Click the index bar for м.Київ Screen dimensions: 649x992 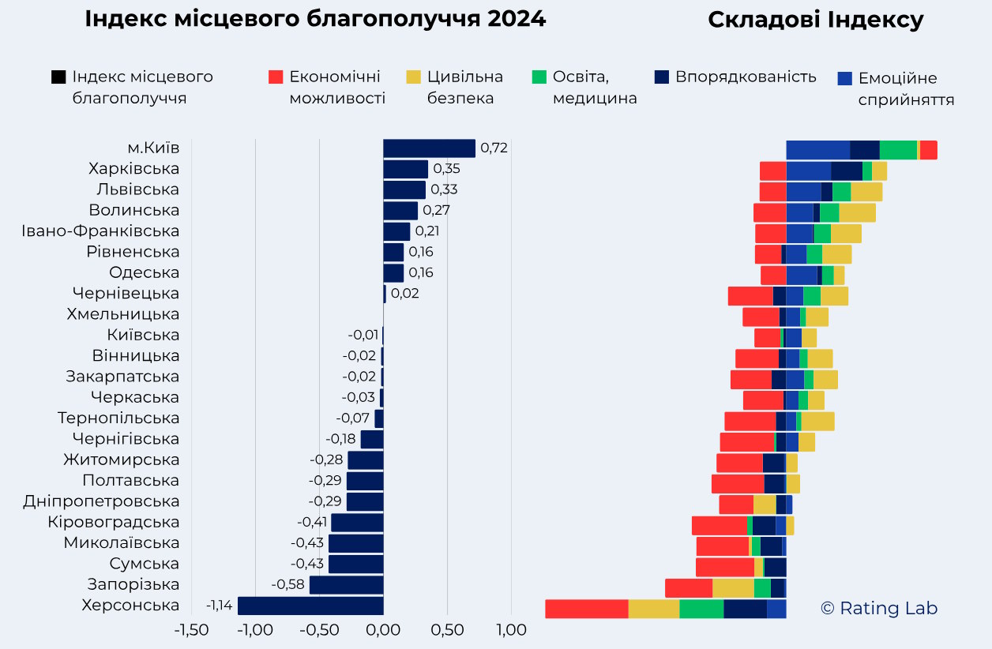(x=429, y=148)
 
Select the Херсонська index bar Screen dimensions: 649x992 (x=310, y=606)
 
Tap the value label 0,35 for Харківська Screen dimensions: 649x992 (x=446, y=169)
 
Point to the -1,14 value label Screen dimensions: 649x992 (x=220, y=606)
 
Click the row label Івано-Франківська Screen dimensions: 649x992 (x=100, y=231)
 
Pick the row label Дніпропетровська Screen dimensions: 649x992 (x=101, y=501)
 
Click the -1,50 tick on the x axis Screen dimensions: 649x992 (x=191, y=630)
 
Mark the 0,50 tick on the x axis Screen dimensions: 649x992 (x=447, y=630)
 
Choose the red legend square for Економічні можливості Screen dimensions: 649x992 (x=276, y=77)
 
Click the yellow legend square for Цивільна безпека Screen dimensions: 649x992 (x=413, y=77)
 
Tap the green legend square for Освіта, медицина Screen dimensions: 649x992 (x=539, y=77)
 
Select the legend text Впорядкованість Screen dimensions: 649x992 (x=746, y=77)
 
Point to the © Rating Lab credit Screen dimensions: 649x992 (x=879, y=608)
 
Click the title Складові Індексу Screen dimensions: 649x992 (x=815, y=21)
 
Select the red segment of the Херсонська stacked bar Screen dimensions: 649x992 (x=586, y=609)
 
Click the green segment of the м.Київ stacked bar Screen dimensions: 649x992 (x=898, y=150)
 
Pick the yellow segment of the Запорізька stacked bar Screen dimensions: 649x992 (x=733, y=588)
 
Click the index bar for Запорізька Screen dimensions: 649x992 (x=346, y=585)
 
